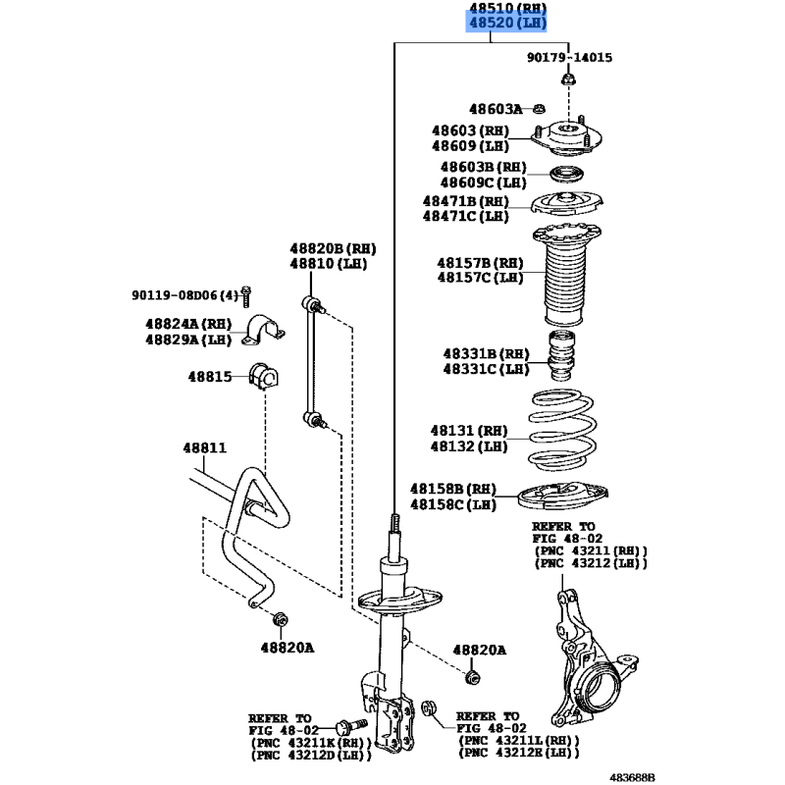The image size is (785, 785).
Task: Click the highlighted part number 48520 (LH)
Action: [x=506, y=24]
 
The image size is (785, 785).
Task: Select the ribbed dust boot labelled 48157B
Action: [x=568, y=279]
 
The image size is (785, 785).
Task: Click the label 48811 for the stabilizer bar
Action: [x=204, y=447]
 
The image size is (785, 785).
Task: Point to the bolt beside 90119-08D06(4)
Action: [x=247, y=294]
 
